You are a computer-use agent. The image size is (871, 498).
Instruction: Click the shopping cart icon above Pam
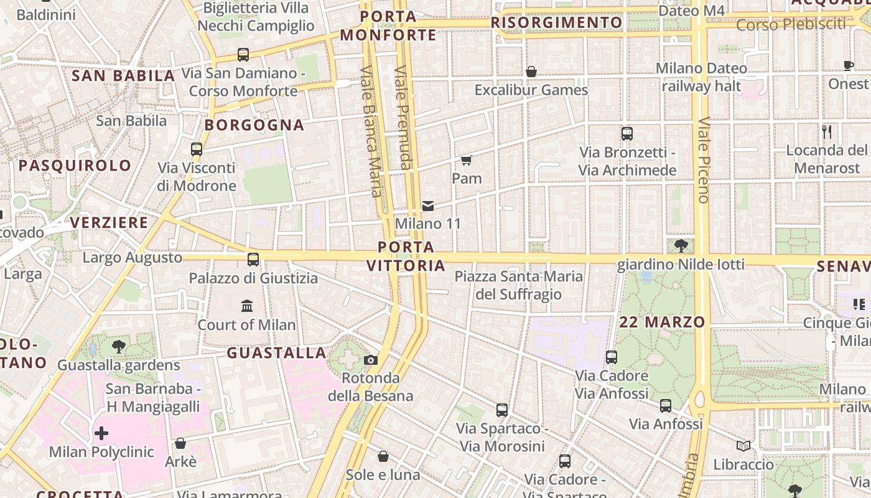467,161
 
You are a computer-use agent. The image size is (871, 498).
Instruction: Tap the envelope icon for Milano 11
428,205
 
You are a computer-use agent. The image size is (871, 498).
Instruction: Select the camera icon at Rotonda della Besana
371,360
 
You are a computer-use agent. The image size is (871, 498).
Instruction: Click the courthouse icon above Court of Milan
247,306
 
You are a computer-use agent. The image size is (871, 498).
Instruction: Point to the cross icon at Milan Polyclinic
101,433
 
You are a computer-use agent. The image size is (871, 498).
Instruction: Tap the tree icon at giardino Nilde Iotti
681,245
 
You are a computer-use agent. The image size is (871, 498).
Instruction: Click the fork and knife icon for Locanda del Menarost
827,132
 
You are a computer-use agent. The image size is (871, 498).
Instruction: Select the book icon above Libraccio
743,446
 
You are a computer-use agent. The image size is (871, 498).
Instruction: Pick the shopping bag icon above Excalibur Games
531,72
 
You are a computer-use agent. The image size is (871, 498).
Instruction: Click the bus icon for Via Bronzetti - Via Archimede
627,133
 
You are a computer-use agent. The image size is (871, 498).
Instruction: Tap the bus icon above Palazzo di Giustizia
253,259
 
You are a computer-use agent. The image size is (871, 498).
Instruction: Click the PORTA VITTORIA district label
406,256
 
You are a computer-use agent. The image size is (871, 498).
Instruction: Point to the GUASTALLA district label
276,353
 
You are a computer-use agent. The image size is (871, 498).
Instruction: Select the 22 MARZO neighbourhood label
662,322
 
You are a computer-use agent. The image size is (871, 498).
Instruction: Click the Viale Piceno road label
704,160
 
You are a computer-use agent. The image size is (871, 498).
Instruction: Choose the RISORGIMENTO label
556,23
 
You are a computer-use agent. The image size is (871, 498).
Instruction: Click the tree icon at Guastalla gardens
118,347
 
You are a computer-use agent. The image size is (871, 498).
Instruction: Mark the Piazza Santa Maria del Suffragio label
519,285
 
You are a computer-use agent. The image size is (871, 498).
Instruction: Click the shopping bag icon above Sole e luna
383,456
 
